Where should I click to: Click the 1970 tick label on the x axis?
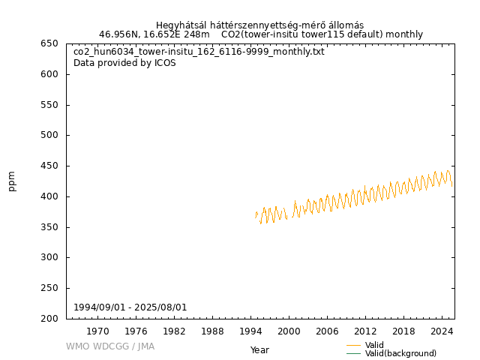click(x=97, y=331)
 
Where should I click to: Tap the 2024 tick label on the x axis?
click(x=442, y=331)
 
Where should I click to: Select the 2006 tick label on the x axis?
click(x=327, y=331)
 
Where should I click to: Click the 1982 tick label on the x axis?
click(x=174, y=331)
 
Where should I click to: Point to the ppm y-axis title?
click(x=12, y=181)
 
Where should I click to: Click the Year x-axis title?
click(x=259, y=350)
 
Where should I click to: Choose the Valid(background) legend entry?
click(x=400, y=354)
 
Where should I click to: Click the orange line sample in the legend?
click(x=354, y=345)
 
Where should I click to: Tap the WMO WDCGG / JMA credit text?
click(x=110, y=346)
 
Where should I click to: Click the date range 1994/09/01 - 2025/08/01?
click(x=130, y=307)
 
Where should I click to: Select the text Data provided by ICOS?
click(x=124, y=63)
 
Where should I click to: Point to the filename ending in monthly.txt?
click(x=199, y=52)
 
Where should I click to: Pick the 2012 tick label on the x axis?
click(x=365, y=331)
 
